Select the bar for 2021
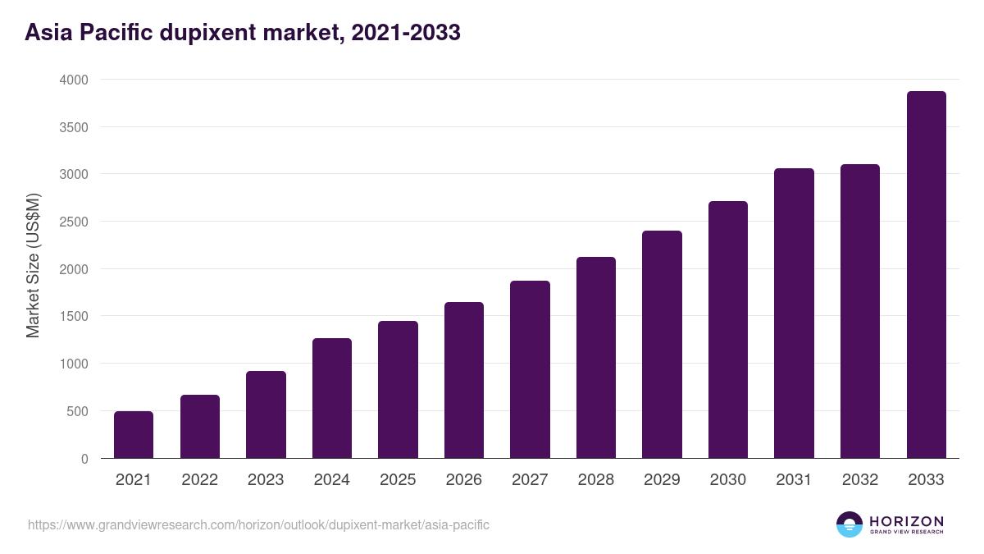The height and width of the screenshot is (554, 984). point(134,434)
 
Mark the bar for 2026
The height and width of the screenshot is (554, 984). point(464,380)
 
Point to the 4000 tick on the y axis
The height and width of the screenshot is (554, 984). point(73,80)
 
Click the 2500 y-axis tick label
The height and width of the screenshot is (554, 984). point(73,222)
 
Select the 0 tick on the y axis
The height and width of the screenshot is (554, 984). point(84,459)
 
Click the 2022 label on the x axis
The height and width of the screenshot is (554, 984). point(199,480)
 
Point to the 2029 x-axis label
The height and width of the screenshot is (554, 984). point(662,480)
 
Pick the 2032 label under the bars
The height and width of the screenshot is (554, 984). point(860,480)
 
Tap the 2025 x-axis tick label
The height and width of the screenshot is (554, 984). point(398,480)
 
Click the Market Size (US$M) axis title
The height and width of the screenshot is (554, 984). point(33,265)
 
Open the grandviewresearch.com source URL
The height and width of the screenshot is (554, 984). point(258,524)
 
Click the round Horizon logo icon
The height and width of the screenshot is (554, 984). point(850,524)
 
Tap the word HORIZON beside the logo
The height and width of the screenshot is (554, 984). point(906,520)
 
